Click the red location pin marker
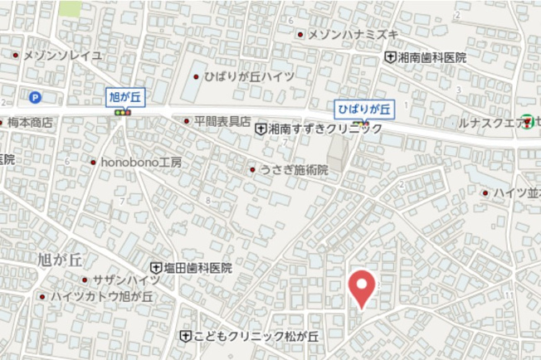(x=361, y=288)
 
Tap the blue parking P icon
(x=35, y=97)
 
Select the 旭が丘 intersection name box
(x=125, y=96)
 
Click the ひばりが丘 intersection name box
(x=364, y=109)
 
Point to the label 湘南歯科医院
(x=431, y=57)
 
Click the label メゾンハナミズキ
(x=353, y=34)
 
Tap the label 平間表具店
(x=222, y=121)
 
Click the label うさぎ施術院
(x=294, y=169)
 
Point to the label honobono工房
(x=141, y=162)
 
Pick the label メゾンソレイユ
(x=63, y=55)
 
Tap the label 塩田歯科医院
(x=197, y=268)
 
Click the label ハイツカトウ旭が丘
(x=102, y=296)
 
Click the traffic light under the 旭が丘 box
(x=124, y=112)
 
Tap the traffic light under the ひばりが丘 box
(x=363, y=123)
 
